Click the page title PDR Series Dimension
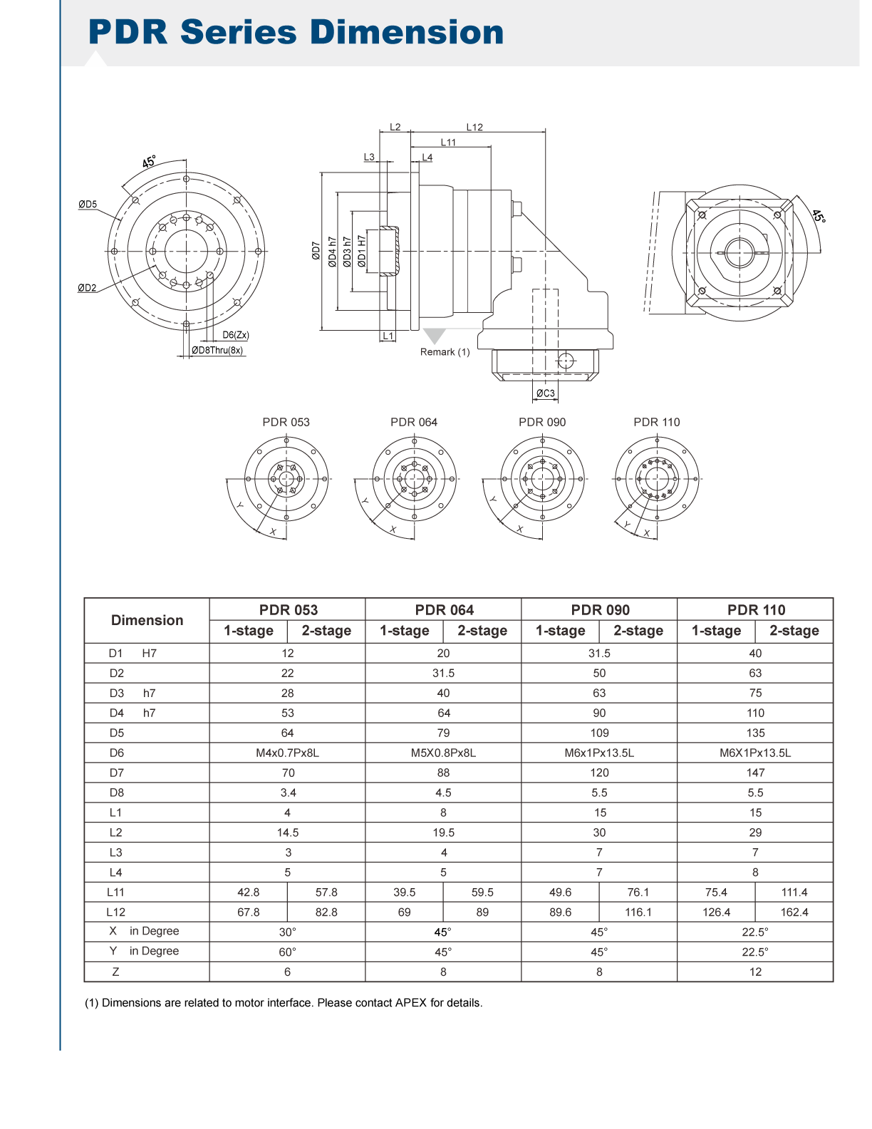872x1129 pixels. (x=296, y=32)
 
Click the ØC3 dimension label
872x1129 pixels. (x=545, y=393)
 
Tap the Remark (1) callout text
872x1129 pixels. (x=445, y=351)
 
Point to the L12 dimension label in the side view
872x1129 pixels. (x=474, y=127)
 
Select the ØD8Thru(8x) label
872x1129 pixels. (x=217, y=350)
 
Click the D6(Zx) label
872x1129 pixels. (x=236, y=335)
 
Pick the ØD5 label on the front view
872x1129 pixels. (x=88, y=204)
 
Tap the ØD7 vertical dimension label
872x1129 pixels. (x=316, y=251)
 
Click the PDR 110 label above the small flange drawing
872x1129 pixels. (x=656, y=422)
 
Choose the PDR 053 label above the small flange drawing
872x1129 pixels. (x=286, y=422)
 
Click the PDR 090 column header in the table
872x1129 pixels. (x=600, y=609)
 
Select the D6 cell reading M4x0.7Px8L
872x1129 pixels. (x=287, y=753)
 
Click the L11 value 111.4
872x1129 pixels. (x=794, y=892)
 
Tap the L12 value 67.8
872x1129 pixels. (x=248, y=912)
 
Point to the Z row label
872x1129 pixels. (x=116, y=971)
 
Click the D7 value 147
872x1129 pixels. (x=755, y=773)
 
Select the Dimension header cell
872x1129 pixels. (x=147, y=620)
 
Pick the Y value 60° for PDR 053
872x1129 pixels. (x=287, y=952)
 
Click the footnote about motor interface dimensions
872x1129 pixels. (x=284, y=1003)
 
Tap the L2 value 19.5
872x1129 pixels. (x=444, y=832)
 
